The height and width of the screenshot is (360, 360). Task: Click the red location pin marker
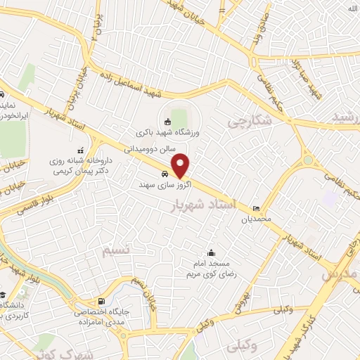pos(181,165)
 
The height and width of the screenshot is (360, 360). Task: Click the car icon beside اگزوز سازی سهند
pos(165,173)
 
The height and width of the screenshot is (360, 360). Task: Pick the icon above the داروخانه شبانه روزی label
pos(80,149)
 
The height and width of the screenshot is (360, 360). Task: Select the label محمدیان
pos(257,219)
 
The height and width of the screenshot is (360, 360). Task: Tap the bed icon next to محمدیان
pos(257,208)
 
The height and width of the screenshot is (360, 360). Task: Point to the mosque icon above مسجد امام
pos(211,253)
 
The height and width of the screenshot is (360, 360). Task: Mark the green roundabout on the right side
pos(307,162)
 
